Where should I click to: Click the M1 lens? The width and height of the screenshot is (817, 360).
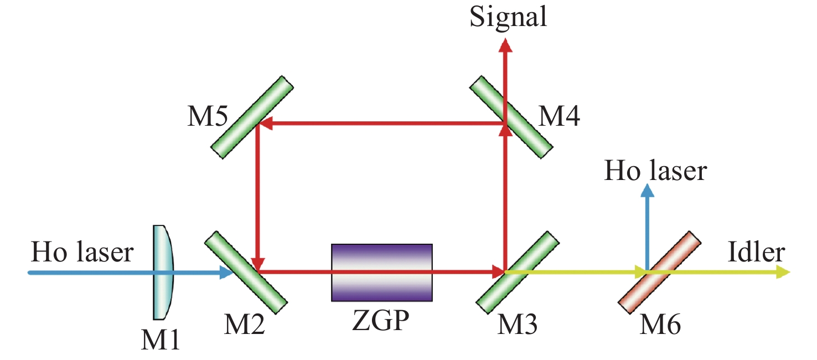[163, 272]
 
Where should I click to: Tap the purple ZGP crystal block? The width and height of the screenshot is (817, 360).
[381, 272]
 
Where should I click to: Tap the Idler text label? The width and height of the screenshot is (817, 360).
[757, 253]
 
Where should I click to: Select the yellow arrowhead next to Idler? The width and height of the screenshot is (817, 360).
[783, 272]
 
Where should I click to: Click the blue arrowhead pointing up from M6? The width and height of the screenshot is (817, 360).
[647, 191]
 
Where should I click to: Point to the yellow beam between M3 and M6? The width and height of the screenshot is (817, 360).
[576, 272]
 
